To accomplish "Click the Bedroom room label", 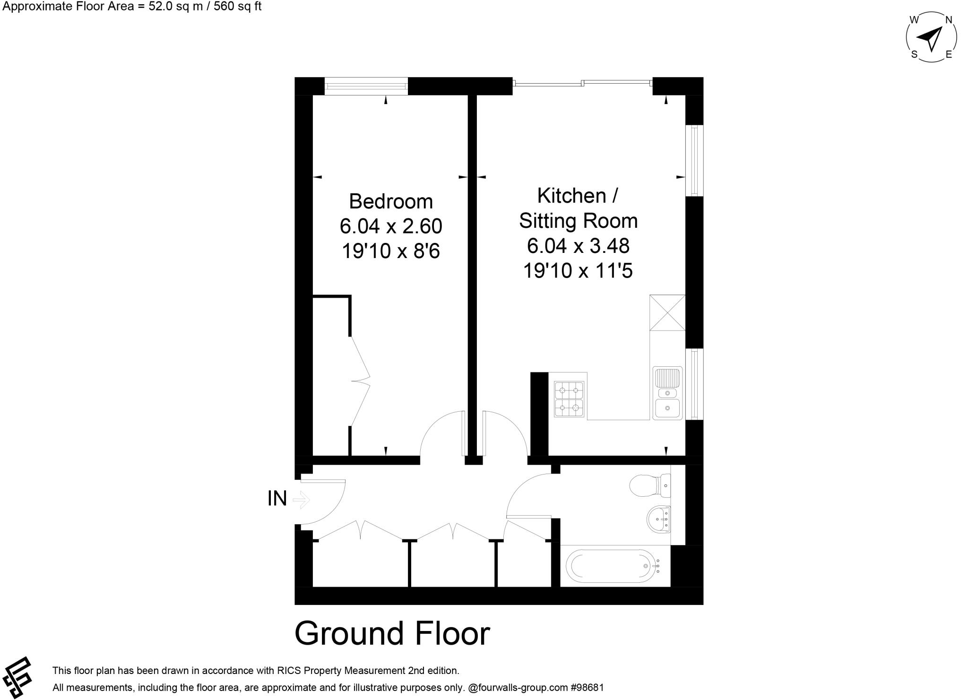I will pyautogui.click(x=390, y=201).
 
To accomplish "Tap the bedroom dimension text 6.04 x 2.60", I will pyautogui.click(x=390, y=226).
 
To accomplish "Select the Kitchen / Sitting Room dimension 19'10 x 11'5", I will pyautogui.click(x=578, y=271).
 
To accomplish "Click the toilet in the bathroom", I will pyautogui.click(x=650, y=485).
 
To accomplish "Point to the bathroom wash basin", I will pyautogui.click(x=658, y=519).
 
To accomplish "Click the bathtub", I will pyautogui.click(x=614, y=566).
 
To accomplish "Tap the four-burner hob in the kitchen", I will pyautogui.click(x=569, y=398).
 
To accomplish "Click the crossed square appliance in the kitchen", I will pyautogui.click(x=667, y=312).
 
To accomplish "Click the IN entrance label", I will pyautogui.click(x=277, y=499).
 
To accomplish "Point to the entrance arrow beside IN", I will pyautogui.click(x=301, y=499).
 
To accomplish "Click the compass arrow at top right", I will pyautogui.click(x=930, y=38).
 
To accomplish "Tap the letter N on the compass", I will pyautogui.click(x=948, y=20).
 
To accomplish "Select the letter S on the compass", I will pyautogui.click(x=914, y=55).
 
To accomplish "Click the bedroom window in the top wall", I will pyautogui.click(x=366, y=86).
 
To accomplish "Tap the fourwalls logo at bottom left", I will pyautogui.click(x=17, y=677).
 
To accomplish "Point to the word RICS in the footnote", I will pyautogui.click(x=288, y=670).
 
